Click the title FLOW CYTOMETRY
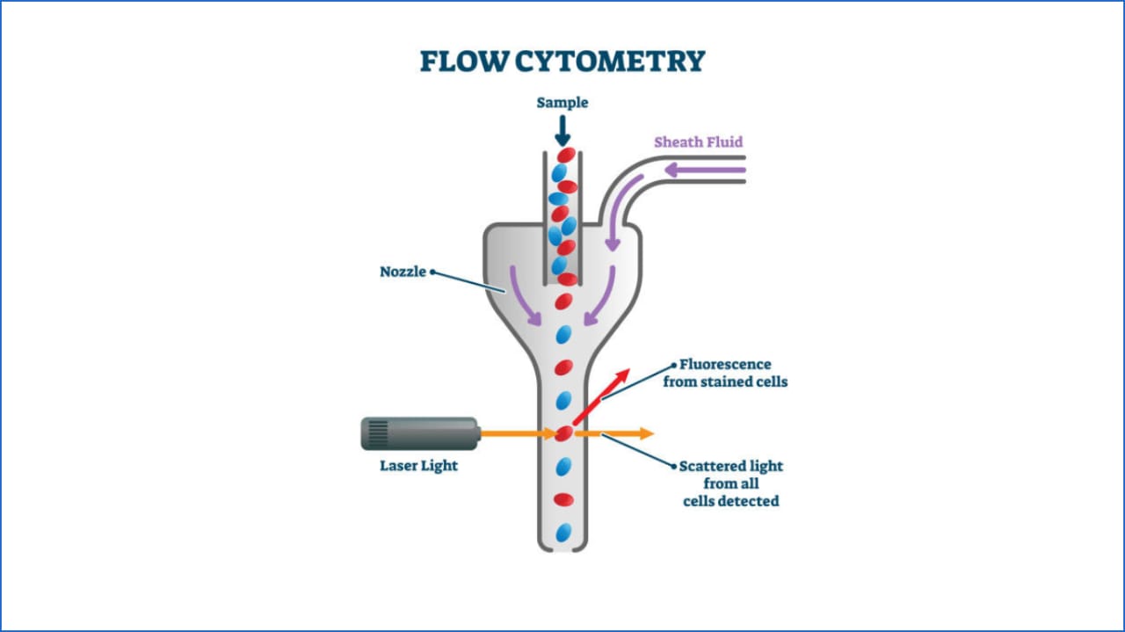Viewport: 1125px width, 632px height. pos(562,62)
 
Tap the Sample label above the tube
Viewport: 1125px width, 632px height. pos(562,103)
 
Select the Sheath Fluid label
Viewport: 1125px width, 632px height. pos(698,142)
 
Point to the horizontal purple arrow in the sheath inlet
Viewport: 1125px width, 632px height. pos(693,170)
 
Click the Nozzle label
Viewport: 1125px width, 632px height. pos(403,272)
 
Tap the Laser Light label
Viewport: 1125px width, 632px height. pos(418,465)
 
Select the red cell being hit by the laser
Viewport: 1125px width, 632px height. pos(563,433)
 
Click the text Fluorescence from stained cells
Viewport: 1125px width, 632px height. pos(725,373)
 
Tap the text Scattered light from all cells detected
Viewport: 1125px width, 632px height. pos(730,483)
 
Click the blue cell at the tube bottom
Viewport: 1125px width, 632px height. pos(563,532)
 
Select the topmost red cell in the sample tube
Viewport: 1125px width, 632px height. pos(566,156)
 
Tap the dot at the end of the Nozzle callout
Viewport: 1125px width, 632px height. pos(432,272)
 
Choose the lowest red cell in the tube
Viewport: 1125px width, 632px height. pos(563,499)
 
